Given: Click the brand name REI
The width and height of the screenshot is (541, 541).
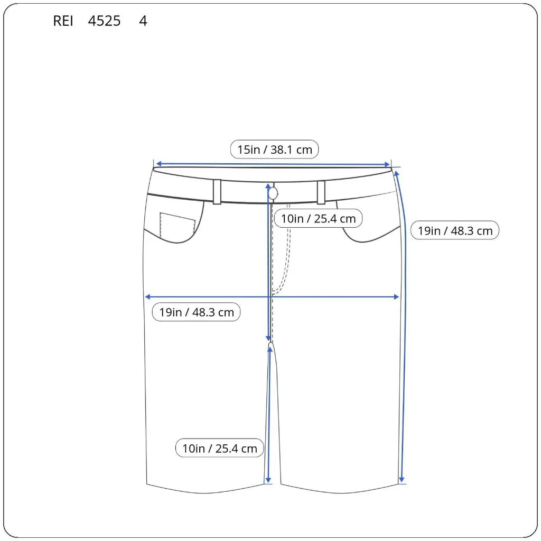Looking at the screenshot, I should click(63, 21).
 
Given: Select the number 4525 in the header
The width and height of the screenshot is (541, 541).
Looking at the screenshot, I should click(105, 21).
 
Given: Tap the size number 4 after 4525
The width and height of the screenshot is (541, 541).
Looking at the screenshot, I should click(143, 21).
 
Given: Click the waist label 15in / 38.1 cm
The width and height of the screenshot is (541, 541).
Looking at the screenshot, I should click(274, 150).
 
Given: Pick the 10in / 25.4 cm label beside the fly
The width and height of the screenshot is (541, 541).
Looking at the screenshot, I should click(318, 218).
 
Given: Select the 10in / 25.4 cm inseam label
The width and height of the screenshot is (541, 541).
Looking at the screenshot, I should click(219, 449).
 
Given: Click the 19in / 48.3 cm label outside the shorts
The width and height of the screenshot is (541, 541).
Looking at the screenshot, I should click(454, 230).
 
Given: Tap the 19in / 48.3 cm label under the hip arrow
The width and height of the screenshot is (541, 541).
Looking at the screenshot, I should click(197, 312).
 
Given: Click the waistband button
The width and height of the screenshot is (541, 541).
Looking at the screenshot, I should click(273, 193).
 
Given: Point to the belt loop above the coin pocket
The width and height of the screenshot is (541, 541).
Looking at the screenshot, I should click(217, 192).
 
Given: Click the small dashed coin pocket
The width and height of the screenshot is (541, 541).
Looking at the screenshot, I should click(177, 225).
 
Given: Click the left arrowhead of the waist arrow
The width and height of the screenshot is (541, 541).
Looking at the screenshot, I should click(157, 164).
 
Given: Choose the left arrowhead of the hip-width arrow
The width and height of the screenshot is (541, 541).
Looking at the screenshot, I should click(148, 297).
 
